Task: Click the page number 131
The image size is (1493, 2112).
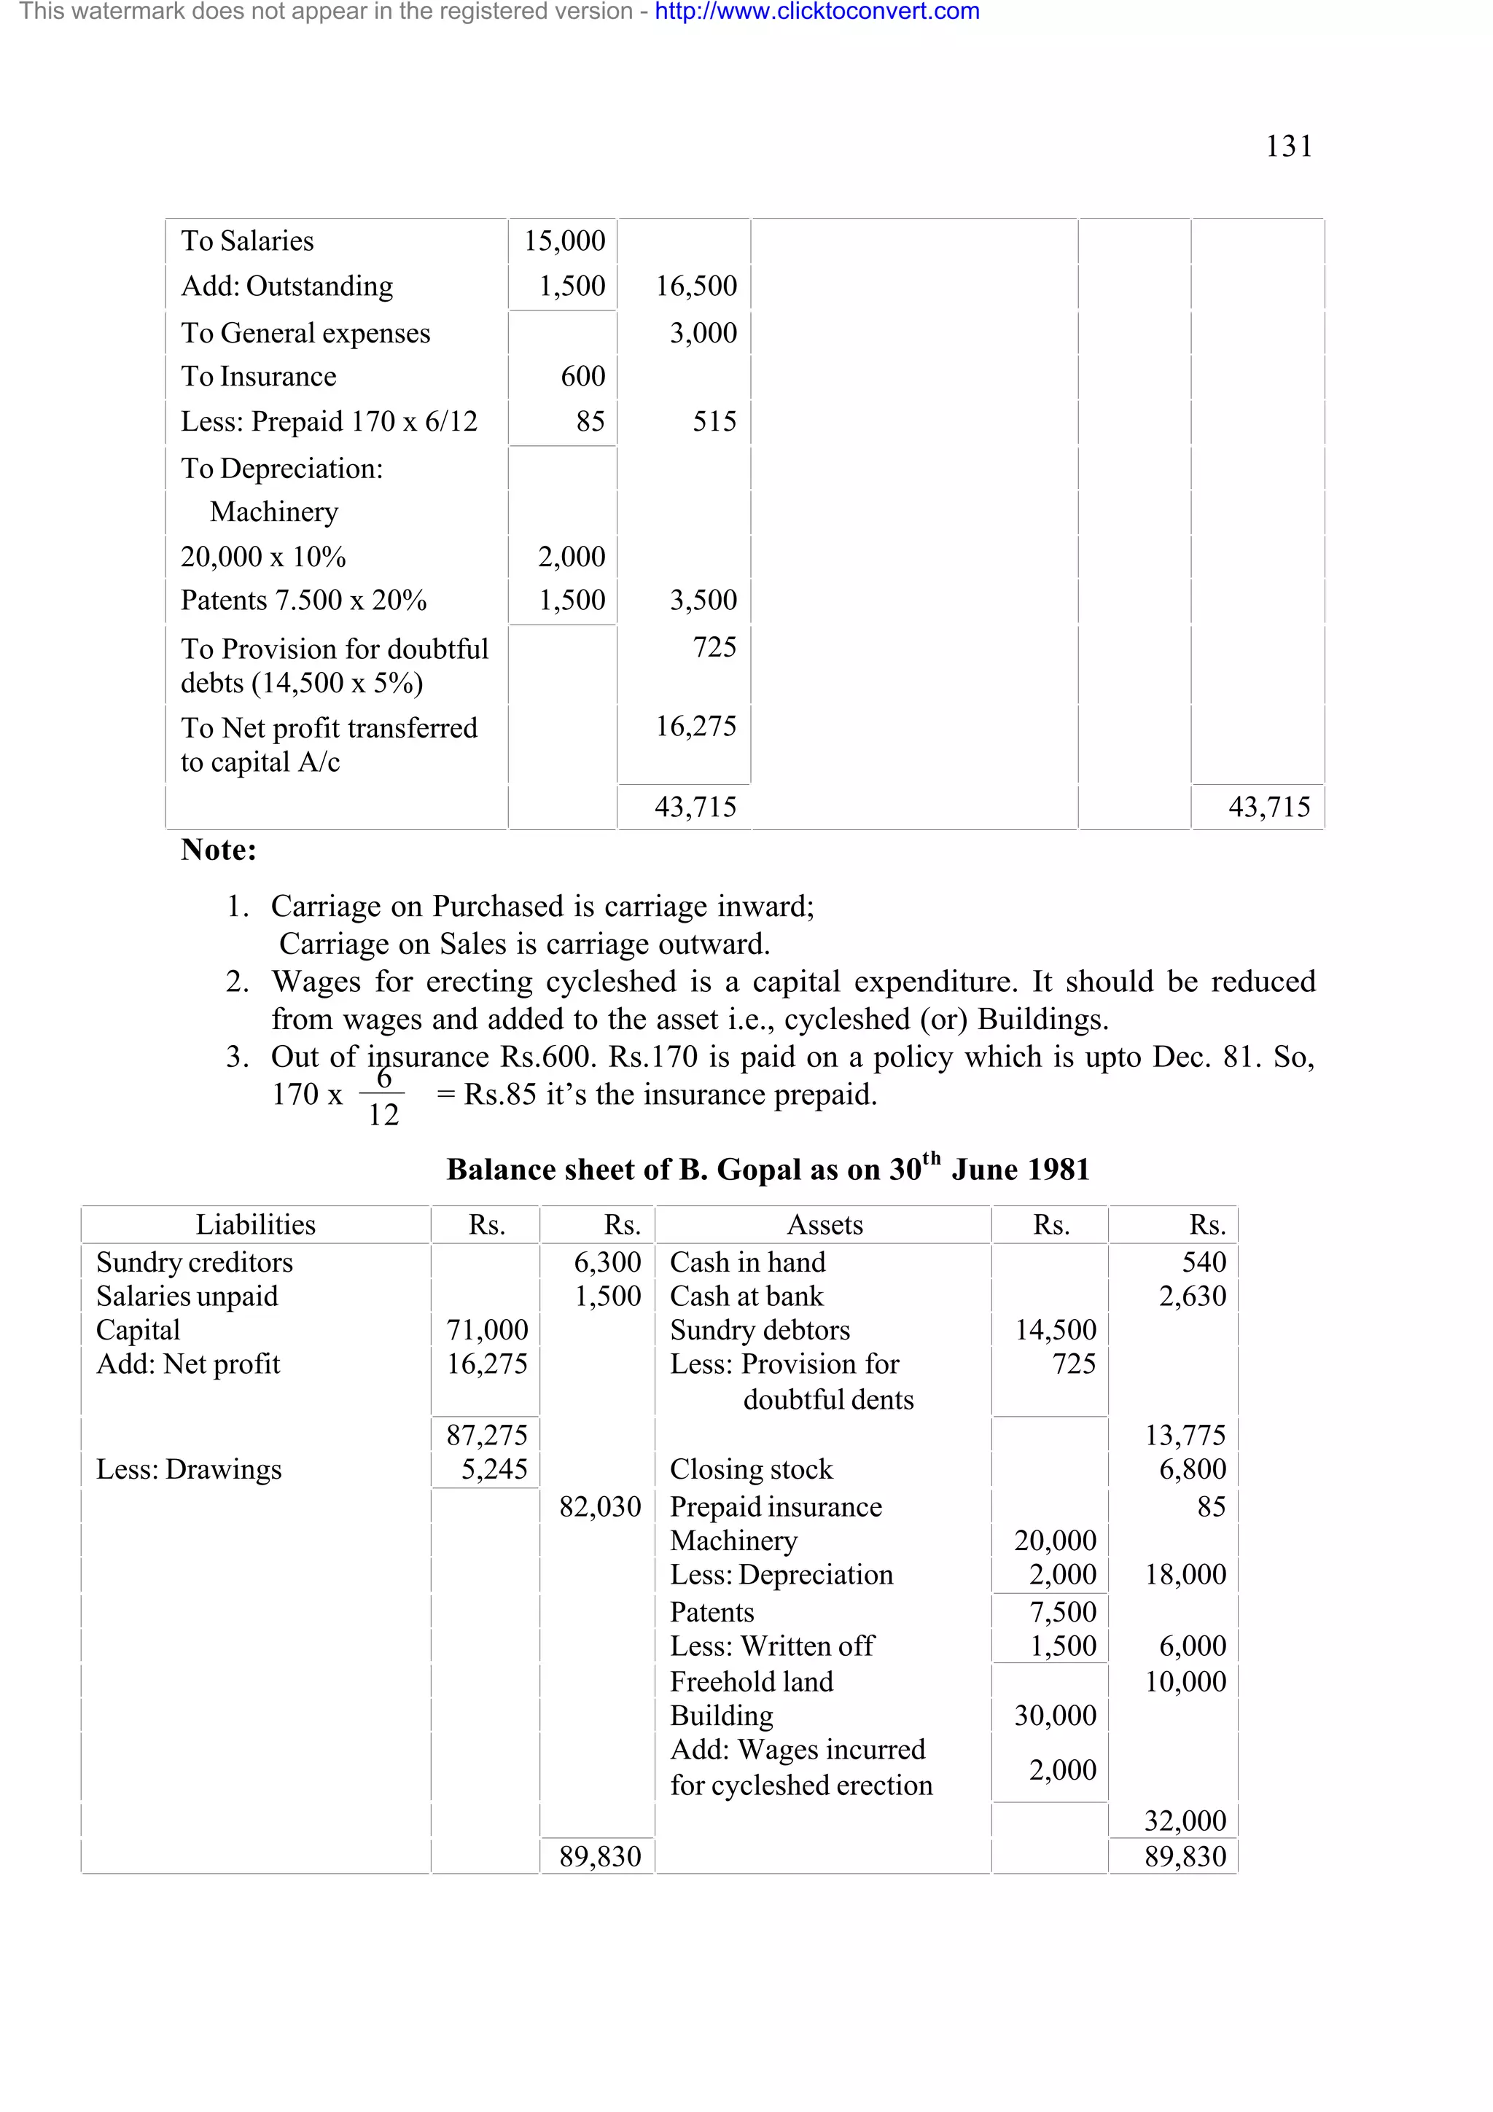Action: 1288,146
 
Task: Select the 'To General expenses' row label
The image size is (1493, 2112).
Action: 305,333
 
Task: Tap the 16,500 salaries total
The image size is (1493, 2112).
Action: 695,286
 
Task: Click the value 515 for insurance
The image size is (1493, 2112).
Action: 714,421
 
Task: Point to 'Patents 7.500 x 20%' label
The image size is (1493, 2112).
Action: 303,600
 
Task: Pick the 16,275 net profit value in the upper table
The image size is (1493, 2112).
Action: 695,727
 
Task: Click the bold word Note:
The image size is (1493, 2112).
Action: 218,849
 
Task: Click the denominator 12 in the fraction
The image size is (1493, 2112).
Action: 383,1115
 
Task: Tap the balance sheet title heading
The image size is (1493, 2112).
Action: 767,1169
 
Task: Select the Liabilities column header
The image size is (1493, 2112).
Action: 255,1224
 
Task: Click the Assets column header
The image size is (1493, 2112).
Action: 825,1224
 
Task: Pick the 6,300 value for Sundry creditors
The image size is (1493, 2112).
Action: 607,1262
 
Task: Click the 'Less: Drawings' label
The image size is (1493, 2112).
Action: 189,1469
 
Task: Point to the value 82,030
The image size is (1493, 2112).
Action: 600,1506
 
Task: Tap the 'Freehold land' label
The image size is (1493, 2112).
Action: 751,1681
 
